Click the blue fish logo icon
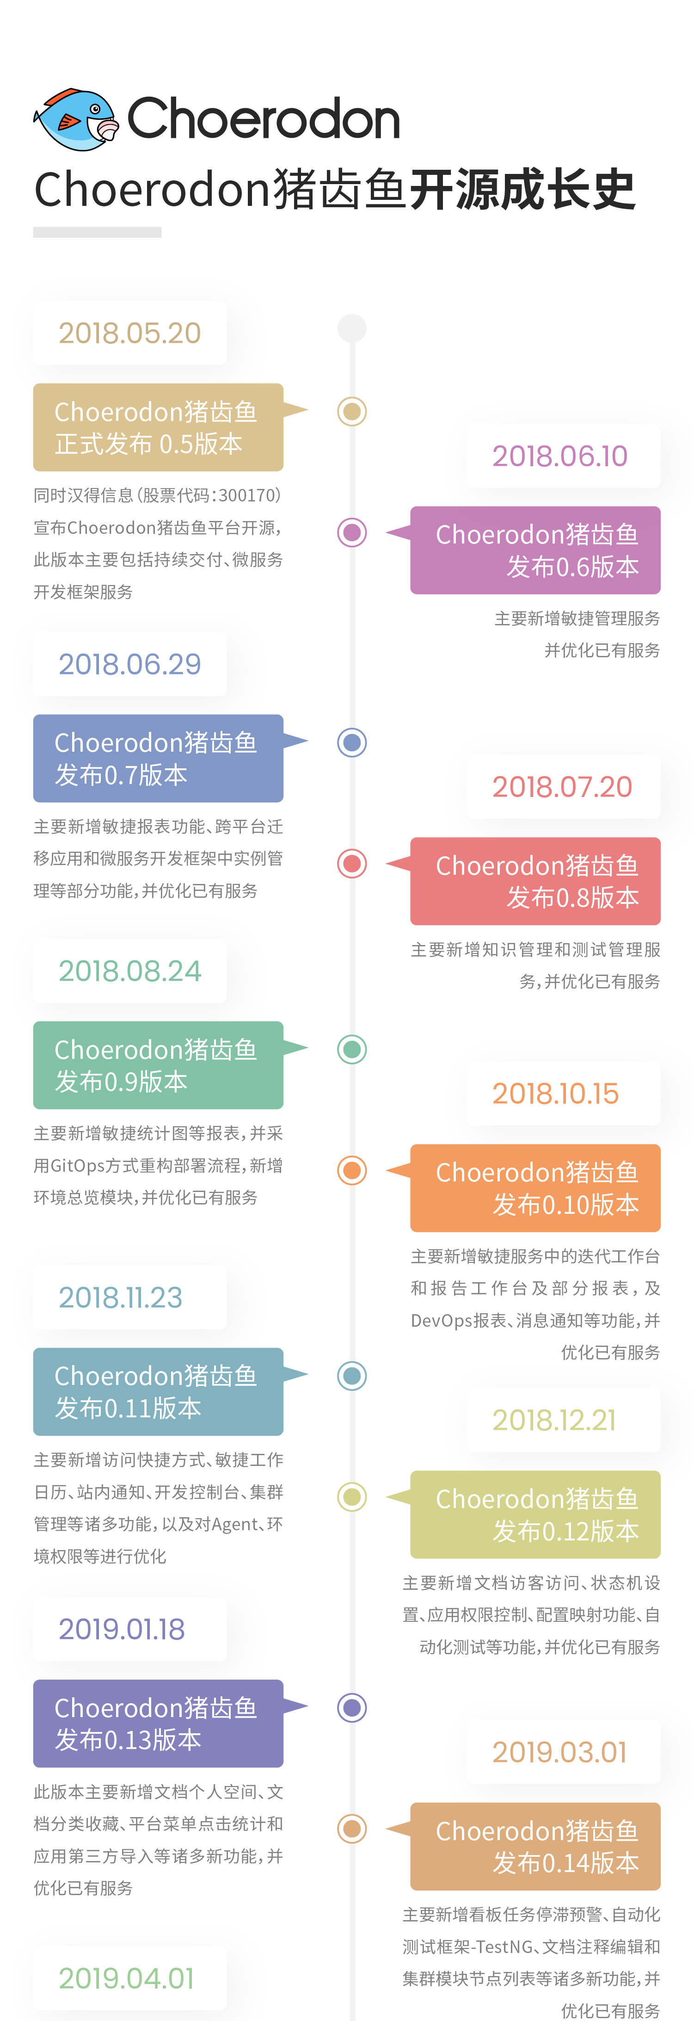pyautogui.click(x=74, y=119)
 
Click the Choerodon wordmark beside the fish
pyautogui.click(x=264, y=119)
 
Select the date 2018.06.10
pyautogui.click(x=560, y=456)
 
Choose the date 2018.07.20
pyautogui.click(x=561, y=787)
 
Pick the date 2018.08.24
pyautogui.click(x=129, y=971)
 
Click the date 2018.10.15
pyautogui.click(x=555, y=1094)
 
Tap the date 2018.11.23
pyautogui.click(x=120, y=1298)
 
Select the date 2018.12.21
pyautogui.click(x=553, y=1420)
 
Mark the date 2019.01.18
pyautogui.click(x=122, y=1630)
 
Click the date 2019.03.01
pyautogui.click(x=559, y=1752)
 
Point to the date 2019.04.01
pyautogui.click(x=125, y=1978)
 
